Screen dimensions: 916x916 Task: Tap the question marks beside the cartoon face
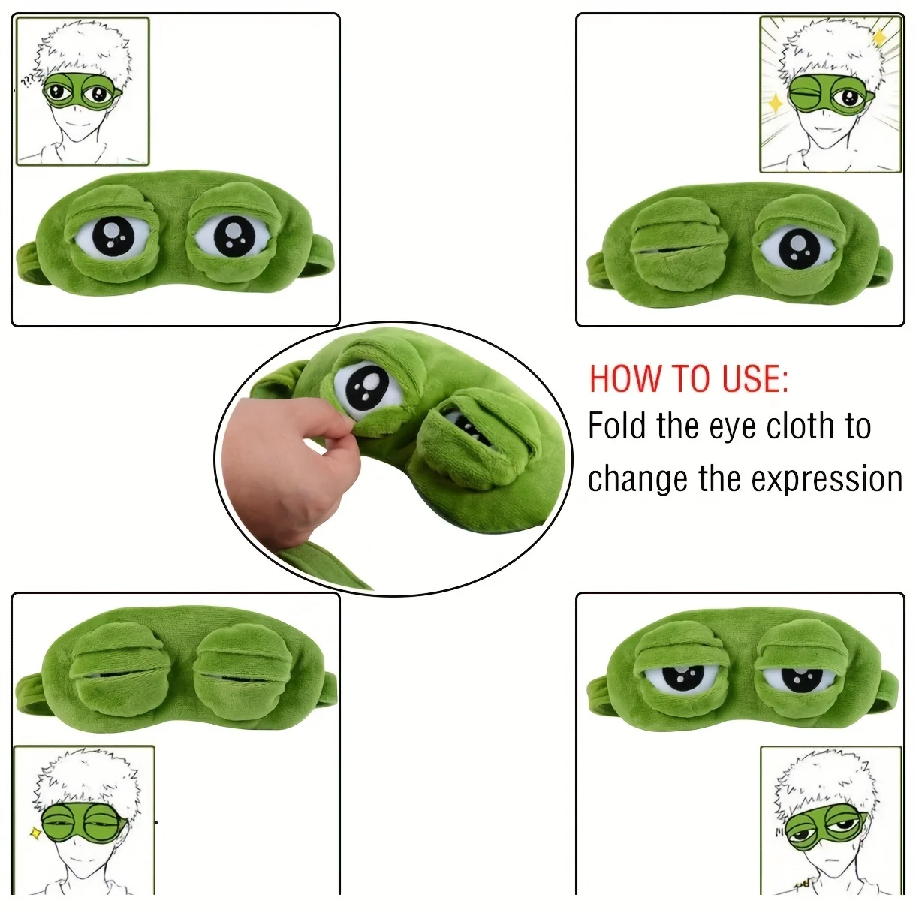click(28, 81)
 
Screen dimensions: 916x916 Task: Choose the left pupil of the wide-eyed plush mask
click(114, 236)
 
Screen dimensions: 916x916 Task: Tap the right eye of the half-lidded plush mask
click(797, 677)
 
